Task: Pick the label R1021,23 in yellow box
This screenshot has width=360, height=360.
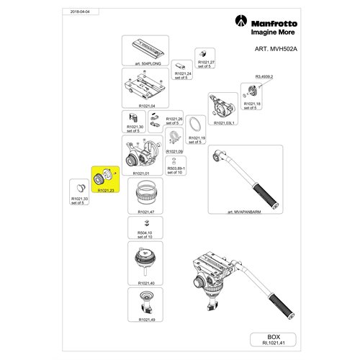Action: click(107, 191)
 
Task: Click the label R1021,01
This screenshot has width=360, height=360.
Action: click(141, 174)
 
